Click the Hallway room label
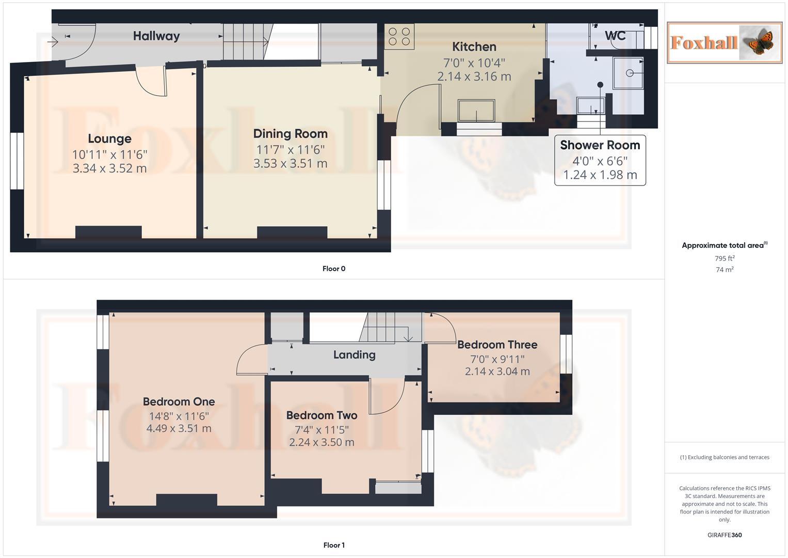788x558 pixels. tap(156, 36)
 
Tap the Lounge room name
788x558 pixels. tap(109, 138)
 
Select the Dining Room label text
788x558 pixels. tap(290, 134)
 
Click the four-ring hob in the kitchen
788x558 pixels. tap(399, 36)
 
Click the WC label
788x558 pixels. tap(615, 36)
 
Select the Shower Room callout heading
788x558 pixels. tap(600, 145)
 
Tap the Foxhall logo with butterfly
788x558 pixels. tap(724, 42)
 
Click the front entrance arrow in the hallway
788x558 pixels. tap(53, 41)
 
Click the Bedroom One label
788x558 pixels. tap(179, 401)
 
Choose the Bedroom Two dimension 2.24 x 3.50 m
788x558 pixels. tap(321, 442)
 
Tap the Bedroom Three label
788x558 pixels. tap(497, 345)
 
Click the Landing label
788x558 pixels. tap(354, 355)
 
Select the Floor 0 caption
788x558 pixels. tap(333, 269)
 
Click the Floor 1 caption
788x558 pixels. tap(333, 545)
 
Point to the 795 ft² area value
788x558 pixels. tap(724, 258)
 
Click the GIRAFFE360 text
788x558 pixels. tap(724, 535)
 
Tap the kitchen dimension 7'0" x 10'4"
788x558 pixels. tap(474, 63)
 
